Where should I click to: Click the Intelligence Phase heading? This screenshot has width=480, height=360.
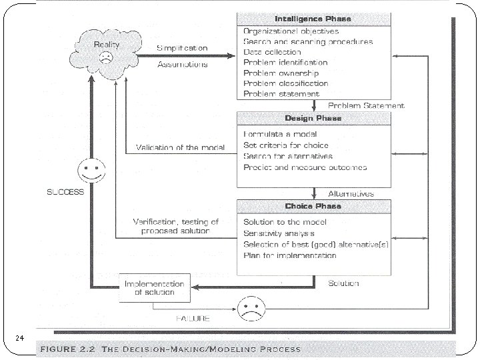313,19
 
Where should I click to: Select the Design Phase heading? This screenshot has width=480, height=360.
313,118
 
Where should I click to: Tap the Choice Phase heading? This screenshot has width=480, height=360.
313,205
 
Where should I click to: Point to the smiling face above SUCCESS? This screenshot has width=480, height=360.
92,171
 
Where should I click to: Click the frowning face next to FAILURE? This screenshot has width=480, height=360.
249,309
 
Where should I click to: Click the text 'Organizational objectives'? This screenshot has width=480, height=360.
291,31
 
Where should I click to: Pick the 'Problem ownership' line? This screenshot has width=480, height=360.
281,73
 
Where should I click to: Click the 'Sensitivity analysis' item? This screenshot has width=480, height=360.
279,233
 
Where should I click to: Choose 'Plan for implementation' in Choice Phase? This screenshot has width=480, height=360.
290,255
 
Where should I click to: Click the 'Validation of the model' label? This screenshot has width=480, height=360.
180,147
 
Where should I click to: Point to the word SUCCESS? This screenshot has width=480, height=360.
65,192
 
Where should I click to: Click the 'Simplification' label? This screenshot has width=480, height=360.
182,48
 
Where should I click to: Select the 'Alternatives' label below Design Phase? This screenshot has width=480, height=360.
351,193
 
